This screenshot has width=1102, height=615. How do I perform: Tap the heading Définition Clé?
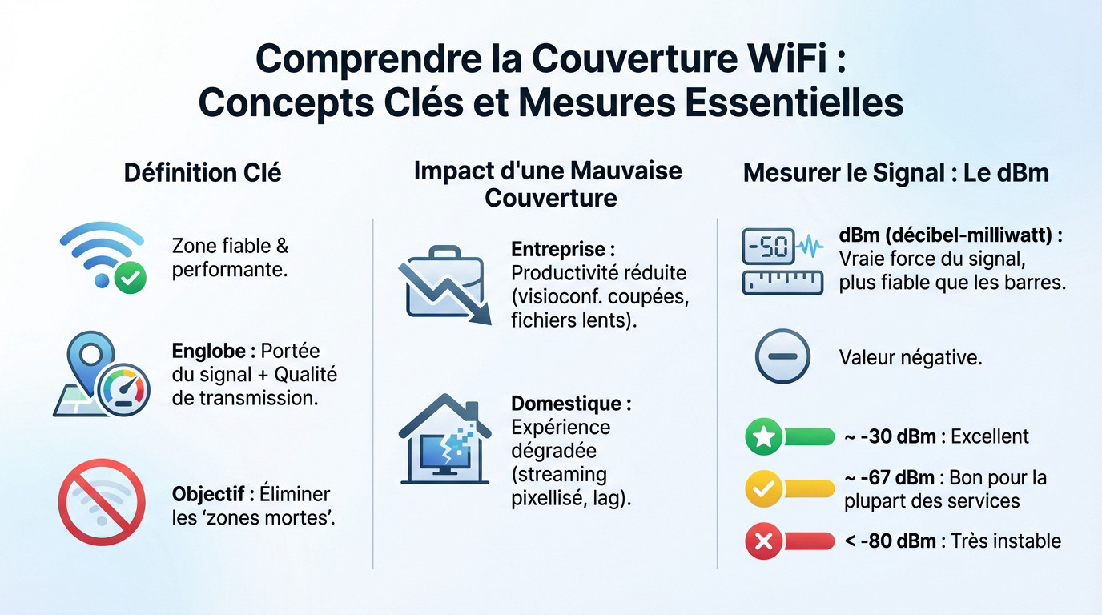coord(203,172)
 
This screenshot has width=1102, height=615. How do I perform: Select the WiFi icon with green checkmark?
coord(103,257)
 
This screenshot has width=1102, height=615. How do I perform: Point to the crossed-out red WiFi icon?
coord(102,502)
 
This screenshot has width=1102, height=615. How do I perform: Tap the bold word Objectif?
coord(211,494)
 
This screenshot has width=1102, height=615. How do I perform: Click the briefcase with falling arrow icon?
coord(443,284)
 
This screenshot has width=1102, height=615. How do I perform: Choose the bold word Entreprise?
coord(562,250)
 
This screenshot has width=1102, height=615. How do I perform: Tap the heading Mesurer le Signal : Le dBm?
coord(895,173)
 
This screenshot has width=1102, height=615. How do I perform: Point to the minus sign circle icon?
coord(782,356)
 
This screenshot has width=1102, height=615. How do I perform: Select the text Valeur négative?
coord(910,357)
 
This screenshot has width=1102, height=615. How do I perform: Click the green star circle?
coord(762,437)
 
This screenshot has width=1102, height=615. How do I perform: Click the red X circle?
coord(762,542)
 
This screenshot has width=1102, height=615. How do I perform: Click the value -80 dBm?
coord(897,541)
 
